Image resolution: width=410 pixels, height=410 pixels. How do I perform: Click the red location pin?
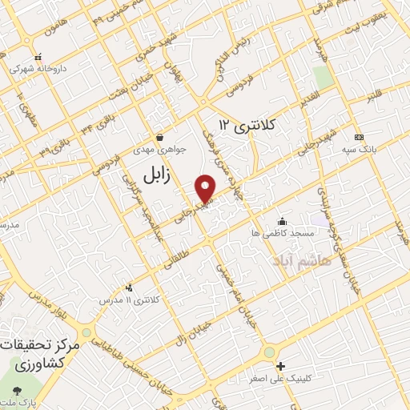tap(206, 187)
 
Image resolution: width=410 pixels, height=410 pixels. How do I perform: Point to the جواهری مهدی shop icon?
tap(162, 135)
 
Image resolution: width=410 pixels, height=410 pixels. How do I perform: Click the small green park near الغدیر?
tap(323, 78)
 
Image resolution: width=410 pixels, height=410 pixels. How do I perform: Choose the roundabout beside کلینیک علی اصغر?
tap(270, 353)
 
